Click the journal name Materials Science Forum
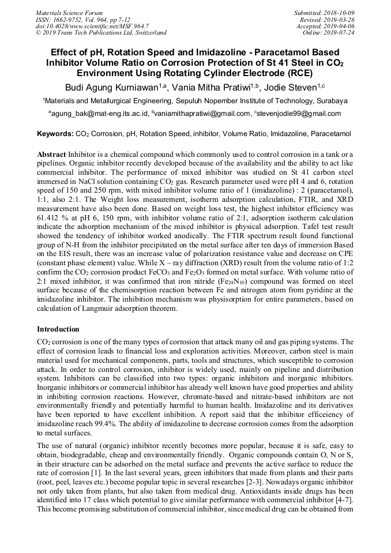coord(69,13)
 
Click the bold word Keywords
coord(55,134)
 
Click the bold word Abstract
coord(51,155)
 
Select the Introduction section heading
coord(58,329)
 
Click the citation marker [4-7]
coord(343,478)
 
